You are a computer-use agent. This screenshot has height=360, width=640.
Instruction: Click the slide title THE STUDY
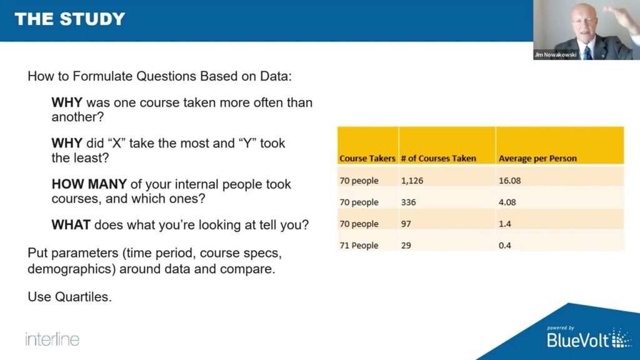click(x=70, y=19)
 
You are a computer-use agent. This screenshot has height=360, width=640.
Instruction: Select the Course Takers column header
click(x=367, y=159)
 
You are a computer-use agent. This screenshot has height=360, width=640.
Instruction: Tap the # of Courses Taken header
click(x=438, y=159)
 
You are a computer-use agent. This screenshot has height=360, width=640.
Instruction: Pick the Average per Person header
click(x=537, y=159)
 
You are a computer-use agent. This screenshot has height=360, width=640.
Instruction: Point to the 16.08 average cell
click(x=510, y=181)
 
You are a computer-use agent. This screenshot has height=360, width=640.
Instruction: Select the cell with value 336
click(x=408, y=202)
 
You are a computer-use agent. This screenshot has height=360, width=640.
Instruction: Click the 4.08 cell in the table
click(x=507, y=202)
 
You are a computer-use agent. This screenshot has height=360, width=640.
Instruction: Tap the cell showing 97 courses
click(x=406, y=224)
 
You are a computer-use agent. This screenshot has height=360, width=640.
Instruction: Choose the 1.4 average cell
click(x=505, y=224)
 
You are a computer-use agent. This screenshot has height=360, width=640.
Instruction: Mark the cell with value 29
click(x=406, y=246)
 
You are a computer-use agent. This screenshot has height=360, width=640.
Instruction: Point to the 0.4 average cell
click(x=505, y=246)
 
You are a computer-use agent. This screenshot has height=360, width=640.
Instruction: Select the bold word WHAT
click(x=71, y=225)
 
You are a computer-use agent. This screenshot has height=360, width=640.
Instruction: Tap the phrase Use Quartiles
click(x=69, y=297)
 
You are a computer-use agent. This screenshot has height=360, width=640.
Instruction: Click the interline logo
click(x=52, y=339)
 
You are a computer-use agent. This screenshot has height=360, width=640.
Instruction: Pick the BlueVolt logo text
click(x=578, y=340)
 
